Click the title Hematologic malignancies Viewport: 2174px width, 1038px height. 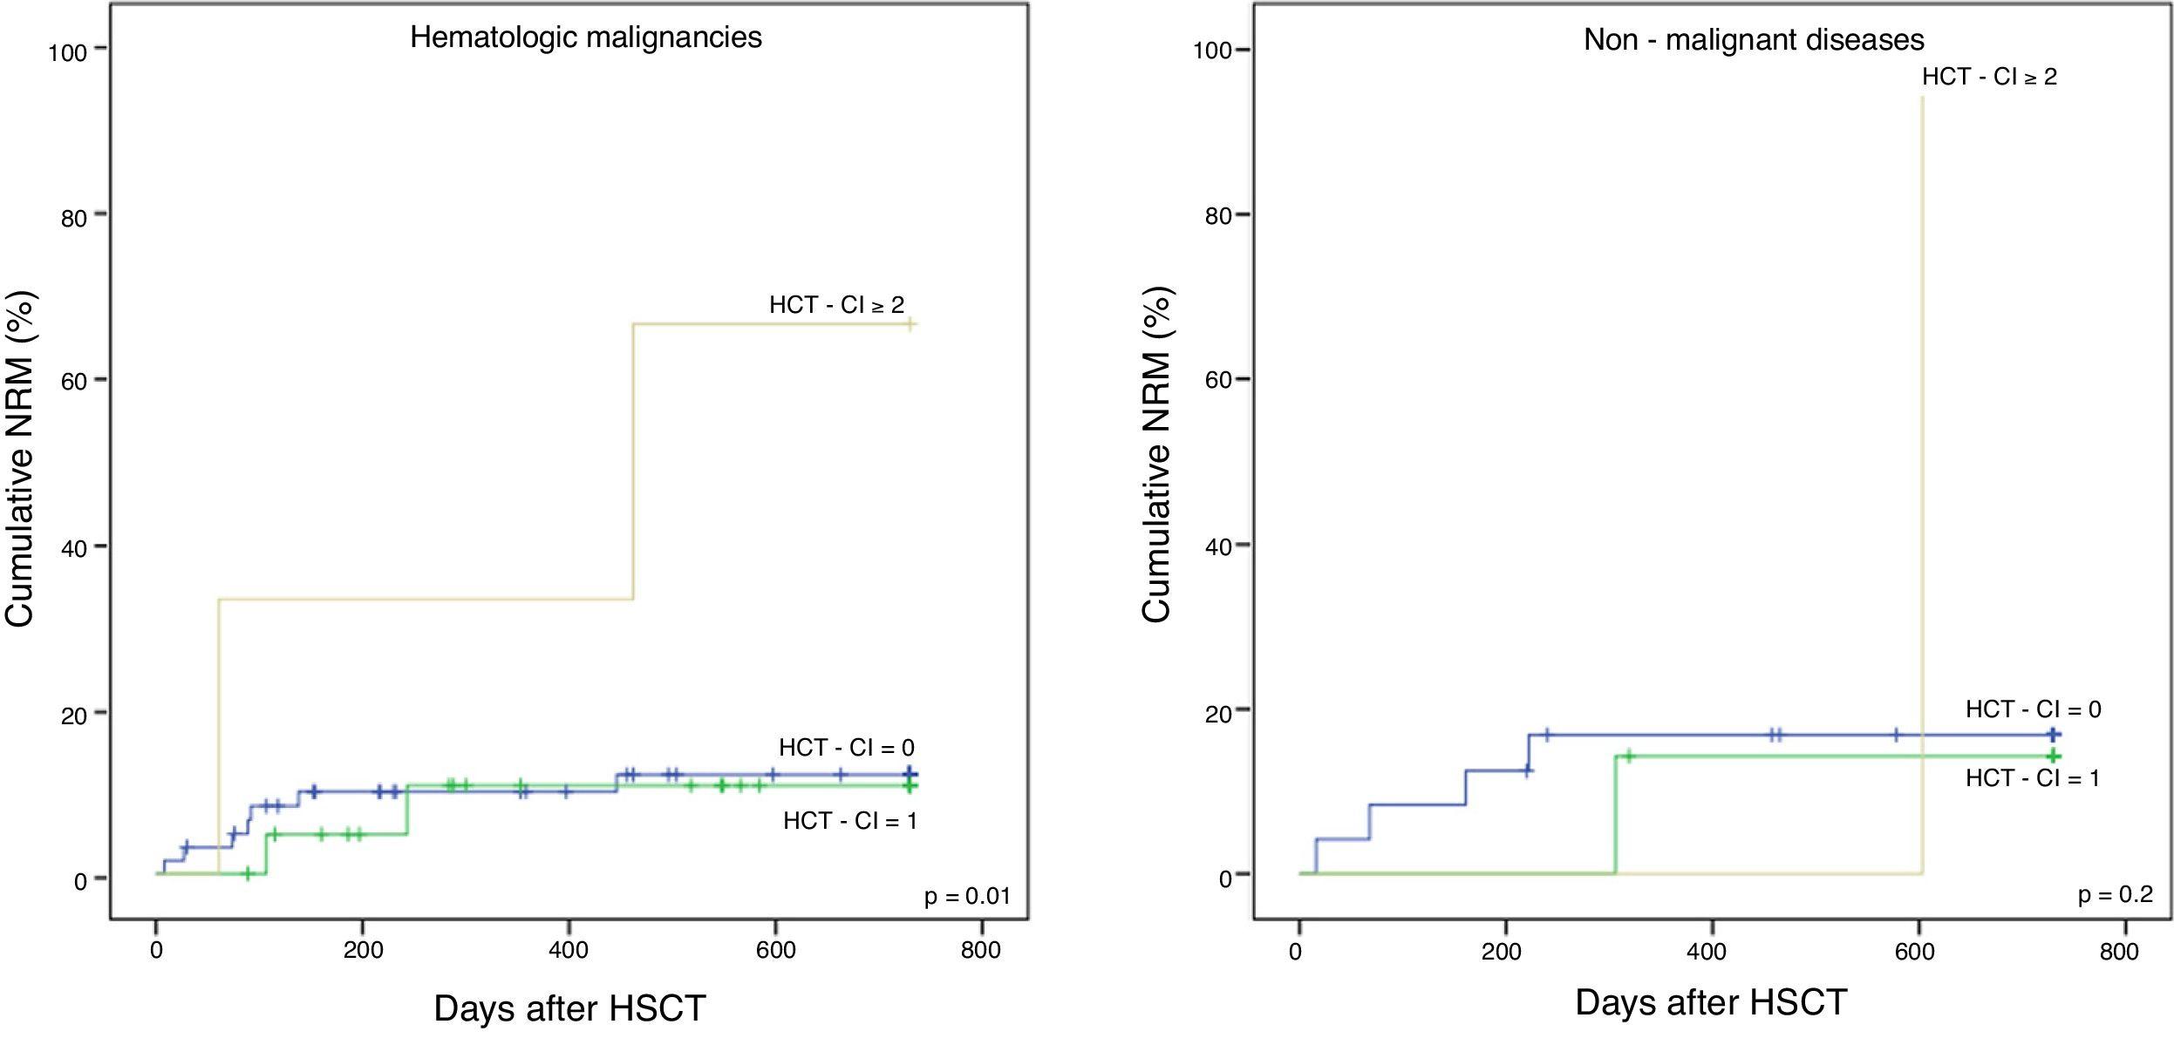(586, 37)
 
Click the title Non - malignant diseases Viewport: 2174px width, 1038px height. (1754, 40)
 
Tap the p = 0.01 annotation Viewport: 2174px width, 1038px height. (967, 896)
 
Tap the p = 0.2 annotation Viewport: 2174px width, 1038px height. (2115, 894)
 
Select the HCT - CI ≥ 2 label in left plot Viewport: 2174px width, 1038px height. (836, 305)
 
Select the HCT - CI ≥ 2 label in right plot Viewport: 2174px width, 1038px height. (1989, 77)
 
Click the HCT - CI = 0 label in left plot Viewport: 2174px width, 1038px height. (846, 748)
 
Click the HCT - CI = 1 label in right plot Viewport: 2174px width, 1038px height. (2032, 777)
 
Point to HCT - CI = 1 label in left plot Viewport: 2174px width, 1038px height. (849, 821)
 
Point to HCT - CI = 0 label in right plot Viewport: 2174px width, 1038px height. (2033, 709)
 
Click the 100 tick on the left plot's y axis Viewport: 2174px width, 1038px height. (68, 52)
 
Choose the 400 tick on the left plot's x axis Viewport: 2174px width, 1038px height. (568, 950)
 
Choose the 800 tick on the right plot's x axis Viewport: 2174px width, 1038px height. (2119, 951)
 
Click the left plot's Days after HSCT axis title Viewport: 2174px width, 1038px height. (569, 1008)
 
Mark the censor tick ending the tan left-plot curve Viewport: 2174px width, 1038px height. (910, 324)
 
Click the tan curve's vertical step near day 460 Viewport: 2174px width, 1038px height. (633, 462)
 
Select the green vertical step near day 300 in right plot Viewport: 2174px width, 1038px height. (1616, 815)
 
